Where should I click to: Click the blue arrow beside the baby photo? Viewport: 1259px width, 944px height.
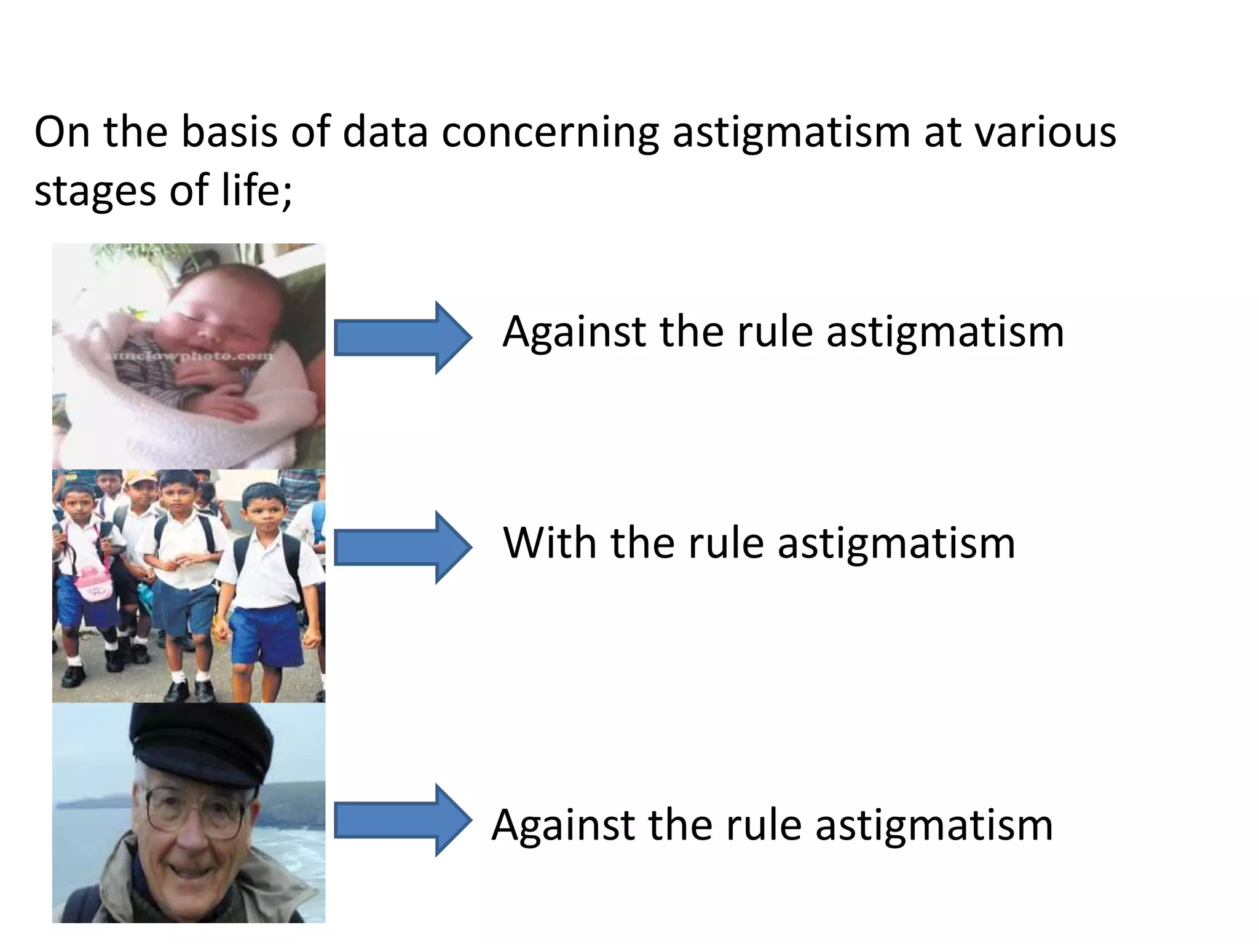coord(403,337)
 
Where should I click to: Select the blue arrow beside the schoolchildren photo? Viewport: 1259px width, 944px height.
coord(403,547)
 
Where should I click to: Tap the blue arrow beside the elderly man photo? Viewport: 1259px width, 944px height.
coord(403,820)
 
